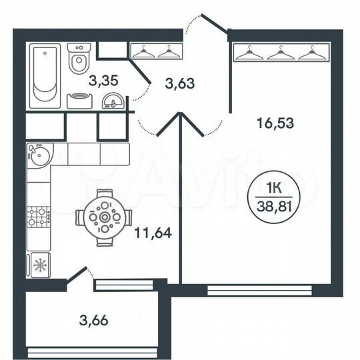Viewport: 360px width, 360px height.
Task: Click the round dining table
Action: tap(104, 217)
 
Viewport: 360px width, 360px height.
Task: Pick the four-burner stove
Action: tap(38, 216)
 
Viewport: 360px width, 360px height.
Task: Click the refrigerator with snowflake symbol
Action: tap(39, 265)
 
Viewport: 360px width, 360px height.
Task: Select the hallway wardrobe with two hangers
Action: tap(155, 51)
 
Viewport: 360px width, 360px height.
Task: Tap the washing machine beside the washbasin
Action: tap(81, 101)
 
